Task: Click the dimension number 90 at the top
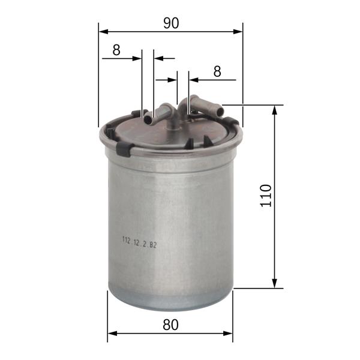(171, 23)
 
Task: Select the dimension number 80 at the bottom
(170, 325)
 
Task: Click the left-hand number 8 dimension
(116, 50)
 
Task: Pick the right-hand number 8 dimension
(217, 71)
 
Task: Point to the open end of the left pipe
(148, 119)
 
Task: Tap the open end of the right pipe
(220, 111)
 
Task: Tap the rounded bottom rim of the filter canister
(170, 303)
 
